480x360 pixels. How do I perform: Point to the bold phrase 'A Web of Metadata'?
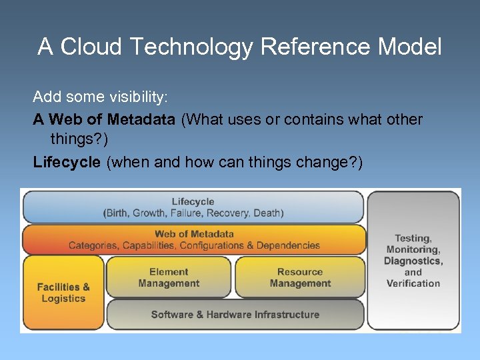tap(104, 119)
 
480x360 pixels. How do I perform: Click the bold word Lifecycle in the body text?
tap(67, 162)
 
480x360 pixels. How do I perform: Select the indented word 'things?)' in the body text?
tap(77, 141)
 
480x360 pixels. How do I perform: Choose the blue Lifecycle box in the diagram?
tap(193, 207)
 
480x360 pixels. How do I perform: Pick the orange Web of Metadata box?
tap(194, 239)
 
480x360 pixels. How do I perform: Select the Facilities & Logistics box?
tap(63, 293)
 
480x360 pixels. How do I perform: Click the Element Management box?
tap(169, 277)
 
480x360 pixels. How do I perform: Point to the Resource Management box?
tap(300, 277)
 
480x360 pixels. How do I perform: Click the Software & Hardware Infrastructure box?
tap(235, 315)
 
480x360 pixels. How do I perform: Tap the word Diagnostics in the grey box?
tap(413, 261)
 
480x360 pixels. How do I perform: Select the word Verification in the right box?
tap(413, 283)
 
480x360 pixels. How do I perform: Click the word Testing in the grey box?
tap(413, 238)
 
